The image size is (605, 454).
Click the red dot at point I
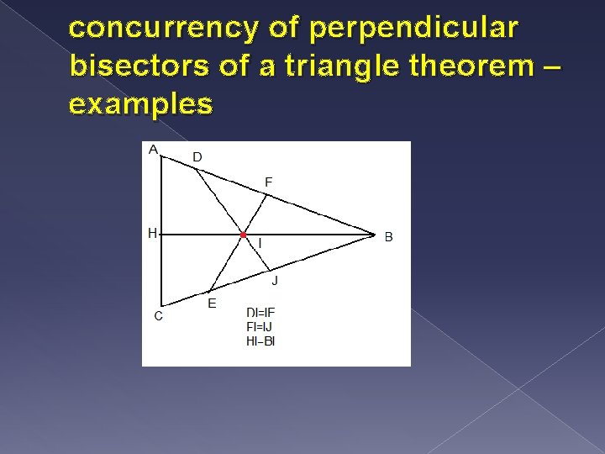click(x=243, y=235)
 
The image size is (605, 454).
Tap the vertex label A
click(x=153, y=150)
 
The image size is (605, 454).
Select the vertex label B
click(x=388, y=237)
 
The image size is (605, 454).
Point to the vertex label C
click(x=157, y=316)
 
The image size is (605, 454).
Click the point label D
click(x=197, y=157)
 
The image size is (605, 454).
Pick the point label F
click(x=269, y=182)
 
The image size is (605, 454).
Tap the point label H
click(x=152, y=234)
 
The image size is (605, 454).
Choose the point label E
click(x=211, y=304)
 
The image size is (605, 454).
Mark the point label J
click(x=275, y=280)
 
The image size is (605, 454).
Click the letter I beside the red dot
click(x=260, y=244)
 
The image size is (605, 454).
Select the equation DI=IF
click(x=260, y=313)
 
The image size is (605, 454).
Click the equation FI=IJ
click(x=260, y=326)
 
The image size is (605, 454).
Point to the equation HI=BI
click(x=260, y=340)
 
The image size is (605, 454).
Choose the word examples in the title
click(x=141, y=104)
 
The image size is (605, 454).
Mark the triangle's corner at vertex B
click(x=374, y=235)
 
